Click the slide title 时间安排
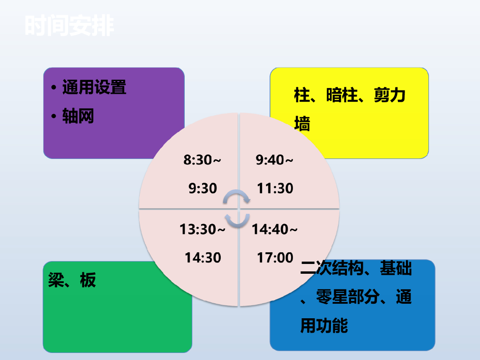(x=69, y=26)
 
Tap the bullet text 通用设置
(x=94, y=87)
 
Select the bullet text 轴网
(x=78, y=116)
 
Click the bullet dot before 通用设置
(x=54, y=88)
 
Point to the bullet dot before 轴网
(x=54, y=116)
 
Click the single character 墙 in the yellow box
(x=302, y=124)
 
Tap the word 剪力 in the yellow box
(x=390, y=95)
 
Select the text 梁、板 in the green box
(x=72, y=280)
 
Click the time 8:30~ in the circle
(x=202, y=160)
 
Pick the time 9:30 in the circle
(x=202, y=188)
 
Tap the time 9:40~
(x=274, y=160)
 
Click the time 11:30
(x=275, y=188)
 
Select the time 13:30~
(x=202, y=229)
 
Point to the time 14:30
(x=202, y=258)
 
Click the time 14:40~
(x=275, y=229)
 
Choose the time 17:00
(x=275, y=258)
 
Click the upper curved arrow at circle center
(x=236, y=192)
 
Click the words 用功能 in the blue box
(x=324, y=325)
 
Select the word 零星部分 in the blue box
(x=348, y=297)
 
